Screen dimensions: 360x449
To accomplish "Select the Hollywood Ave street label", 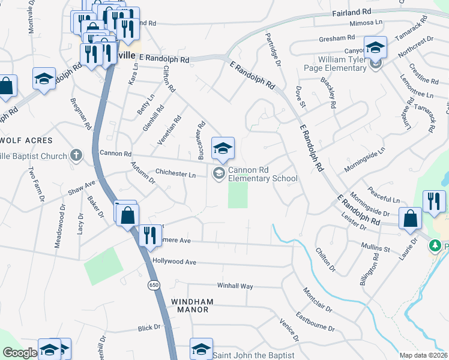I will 175,262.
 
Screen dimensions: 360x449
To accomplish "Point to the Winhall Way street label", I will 235,286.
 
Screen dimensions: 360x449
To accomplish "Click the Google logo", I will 19,353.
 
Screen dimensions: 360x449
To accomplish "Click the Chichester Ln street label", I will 176,175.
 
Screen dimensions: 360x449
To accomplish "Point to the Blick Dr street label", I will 149,328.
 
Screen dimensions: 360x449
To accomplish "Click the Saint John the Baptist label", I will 254,355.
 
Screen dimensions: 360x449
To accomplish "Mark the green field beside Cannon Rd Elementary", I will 238,196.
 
